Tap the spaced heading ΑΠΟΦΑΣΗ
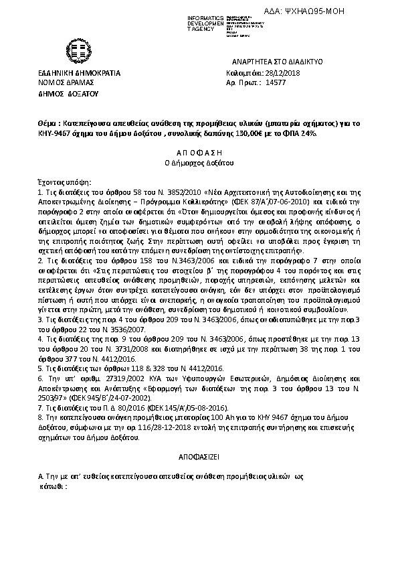(199, 153)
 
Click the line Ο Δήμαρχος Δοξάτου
(199, 163)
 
